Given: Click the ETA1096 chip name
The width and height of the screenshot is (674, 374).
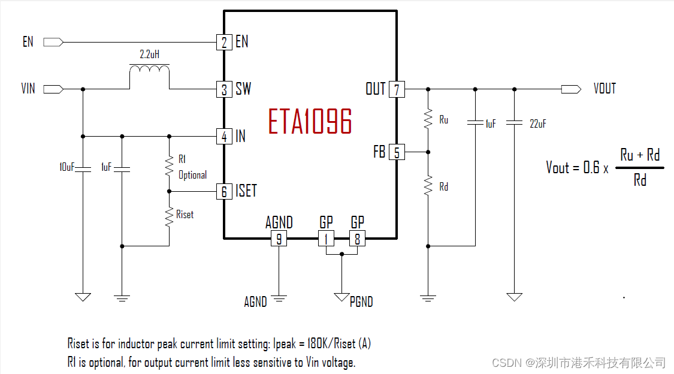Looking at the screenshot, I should pyautogui.click(x=310, y=122).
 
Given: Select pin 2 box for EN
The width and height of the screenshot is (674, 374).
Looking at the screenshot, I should pyautogui.click(x=223, y=42).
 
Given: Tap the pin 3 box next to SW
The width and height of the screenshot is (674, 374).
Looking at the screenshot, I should pyautogui.click(x=223, y=90).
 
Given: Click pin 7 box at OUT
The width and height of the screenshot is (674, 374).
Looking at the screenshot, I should pyautogui.click(x=397, y=90).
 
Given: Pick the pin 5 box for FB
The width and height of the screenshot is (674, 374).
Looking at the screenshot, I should pyautogui.click(x=397, y=152).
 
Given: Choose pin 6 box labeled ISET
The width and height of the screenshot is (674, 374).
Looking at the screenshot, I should pyautogui.click(x=223, y=192).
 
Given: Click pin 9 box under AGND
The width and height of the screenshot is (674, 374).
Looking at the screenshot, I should pyautogui.click(x=279, y=239).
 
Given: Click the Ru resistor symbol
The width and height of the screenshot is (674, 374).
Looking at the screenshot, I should pyautogui.click(x=428, y=119).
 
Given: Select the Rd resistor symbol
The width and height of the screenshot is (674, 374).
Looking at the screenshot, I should pyautogui.click(x=428, y=186).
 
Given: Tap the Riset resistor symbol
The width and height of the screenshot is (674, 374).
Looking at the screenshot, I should pyautogui.click(x=169, y=216).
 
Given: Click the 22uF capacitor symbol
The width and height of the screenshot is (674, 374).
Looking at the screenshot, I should pyautogui.click(x=514, y=123).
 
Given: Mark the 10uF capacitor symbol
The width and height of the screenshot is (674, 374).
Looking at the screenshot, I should pyautogui.click(x=83, y=168).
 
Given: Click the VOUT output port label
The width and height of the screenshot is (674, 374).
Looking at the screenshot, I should pyautogui.click(x=605, y=89).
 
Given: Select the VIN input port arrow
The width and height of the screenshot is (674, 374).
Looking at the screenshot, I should pyautogui.click(x=53, y=89).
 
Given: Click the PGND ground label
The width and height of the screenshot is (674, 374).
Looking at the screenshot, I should pyautogui.click(x=361, y=301).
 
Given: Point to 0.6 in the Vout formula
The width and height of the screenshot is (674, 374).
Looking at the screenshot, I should pyautogui.click(x=591, y=167).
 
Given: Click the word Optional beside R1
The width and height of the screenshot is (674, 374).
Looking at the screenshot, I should pyautogui.click(x=192, y=175).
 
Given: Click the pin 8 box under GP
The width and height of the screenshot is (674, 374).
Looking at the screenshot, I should pyautogui.click(x=357, y=239).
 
